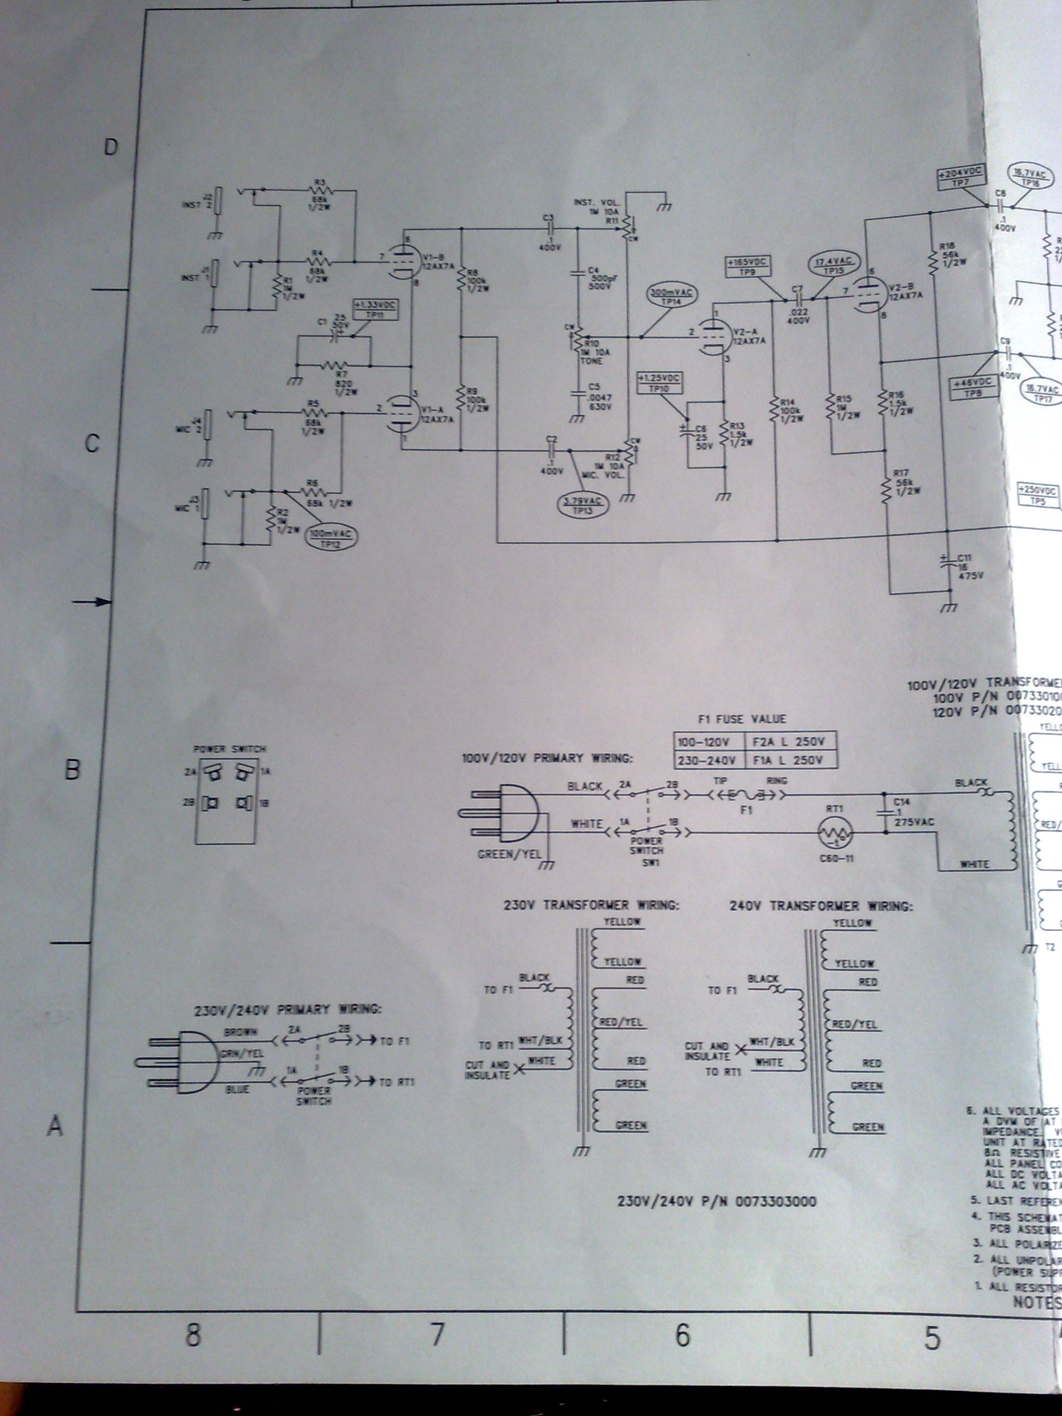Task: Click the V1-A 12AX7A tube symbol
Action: click(403, 415)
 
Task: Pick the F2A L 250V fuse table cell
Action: click(791, 741)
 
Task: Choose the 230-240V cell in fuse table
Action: click(707, 760)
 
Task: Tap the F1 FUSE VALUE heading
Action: click(743, 719)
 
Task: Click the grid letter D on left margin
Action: click(111, 148)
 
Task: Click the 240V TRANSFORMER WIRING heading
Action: click(821, 906)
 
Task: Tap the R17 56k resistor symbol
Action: click(887, 489)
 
